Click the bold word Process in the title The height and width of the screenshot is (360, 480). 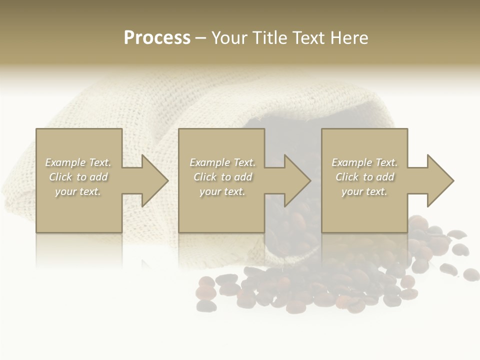click(157, 38)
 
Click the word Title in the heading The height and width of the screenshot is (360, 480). click(266, 38)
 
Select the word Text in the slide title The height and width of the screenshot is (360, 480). click(307, 38)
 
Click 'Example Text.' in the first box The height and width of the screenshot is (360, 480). click(78, 162)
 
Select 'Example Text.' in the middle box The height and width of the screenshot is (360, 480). click(222, 162)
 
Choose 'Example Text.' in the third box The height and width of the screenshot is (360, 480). click(364, 162)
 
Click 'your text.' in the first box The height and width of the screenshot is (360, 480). click(78, 191)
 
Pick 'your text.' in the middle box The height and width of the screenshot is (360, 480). click(222, 191)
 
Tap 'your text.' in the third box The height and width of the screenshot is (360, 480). click(364, 191)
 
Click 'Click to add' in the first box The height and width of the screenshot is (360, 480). click(78, 177)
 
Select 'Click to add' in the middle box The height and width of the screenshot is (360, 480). click(222, 177)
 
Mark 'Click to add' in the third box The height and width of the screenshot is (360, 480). click(364, 177)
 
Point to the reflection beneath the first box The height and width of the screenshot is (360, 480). click(79, 250)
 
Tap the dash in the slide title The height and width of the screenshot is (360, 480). click(200, 38)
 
